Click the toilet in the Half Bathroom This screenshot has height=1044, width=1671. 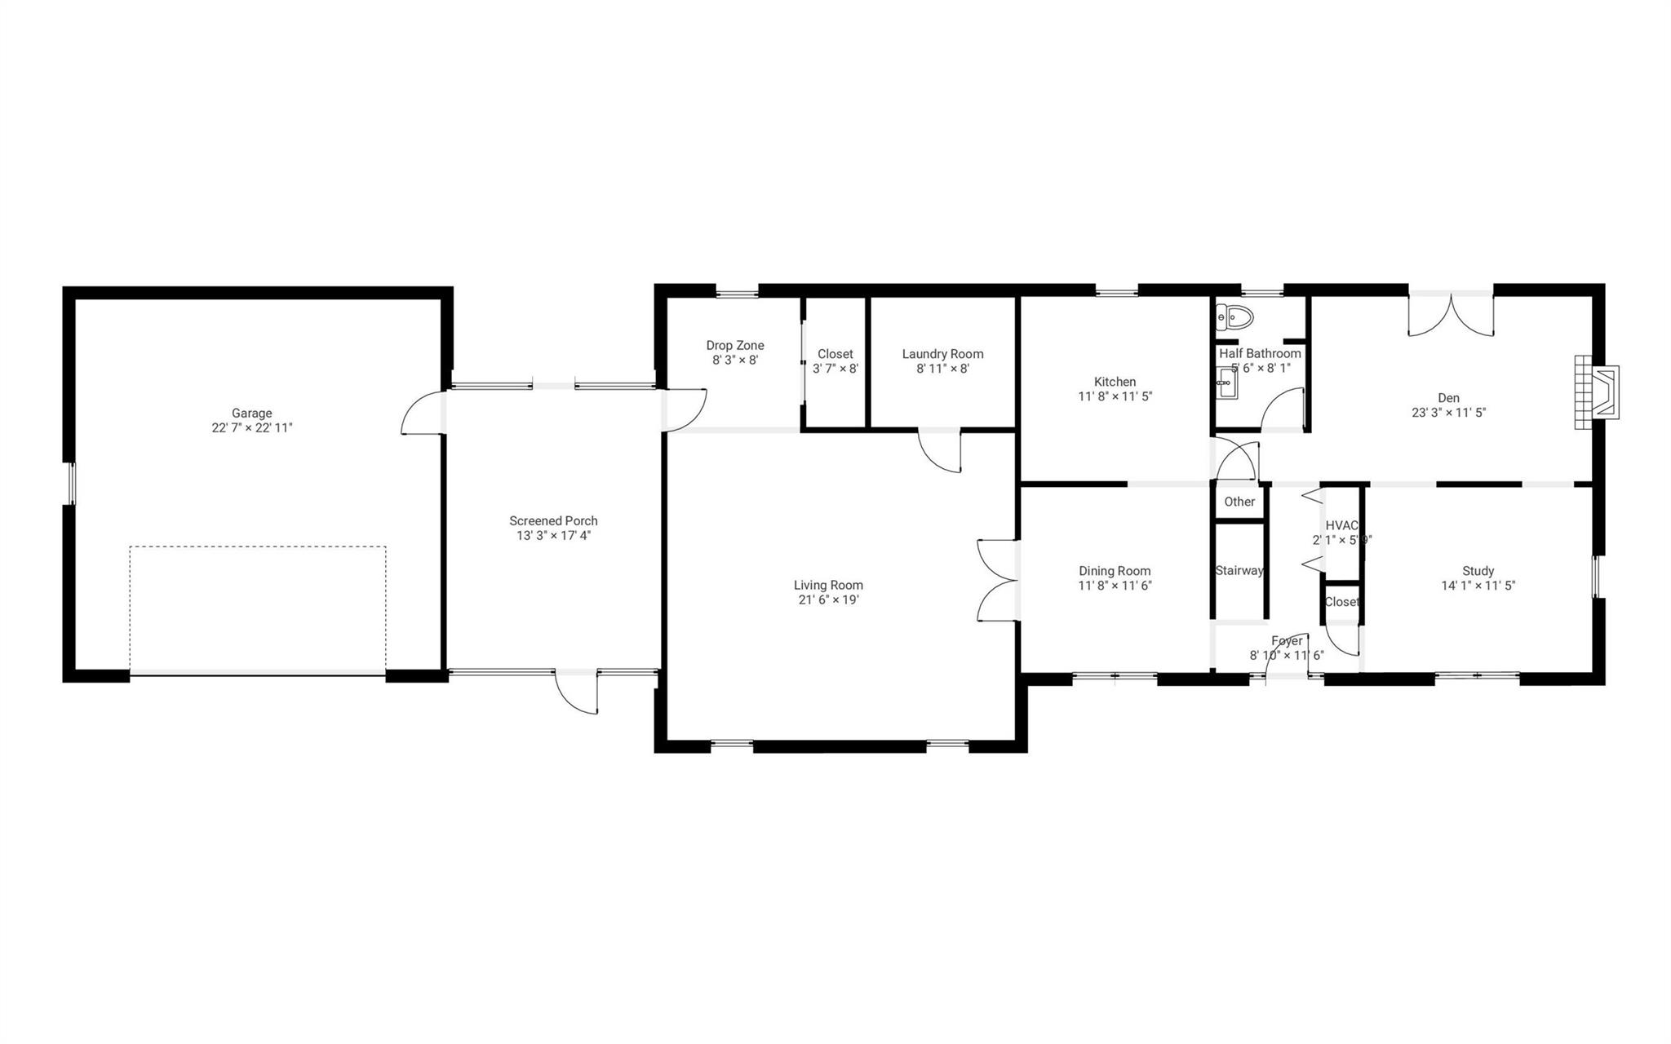pos(1234,316)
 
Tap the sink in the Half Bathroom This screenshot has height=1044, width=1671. pos(1226,383)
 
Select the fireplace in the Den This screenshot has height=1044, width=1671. pos(1597,392)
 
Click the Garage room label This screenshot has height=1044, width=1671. pos(251,413)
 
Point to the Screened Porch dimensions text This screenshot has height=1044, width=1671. pos(553,536)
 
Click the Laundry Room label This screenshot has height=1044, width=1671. pos(942,354)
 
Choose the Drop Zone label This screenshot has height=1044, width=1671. pos(734,346)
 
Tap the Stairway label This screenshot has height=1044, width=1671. pos(1239,570)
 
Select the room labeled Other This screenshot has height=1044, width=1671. pos(1239,502)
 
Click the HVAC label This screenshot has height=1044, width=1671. pos(1341,526)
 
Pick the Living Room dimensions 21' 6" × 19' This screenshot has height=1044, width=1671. pos(828,600)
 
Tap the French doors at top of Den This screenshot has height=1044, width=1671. pos(1451,315)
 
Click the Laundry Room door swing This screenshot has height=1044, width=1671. pos(941,450)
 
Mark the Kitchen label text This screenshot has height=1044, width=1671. pos(1115,382)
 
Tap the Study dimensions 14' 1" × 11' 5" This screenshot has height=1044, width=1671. pos(1478,586)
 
